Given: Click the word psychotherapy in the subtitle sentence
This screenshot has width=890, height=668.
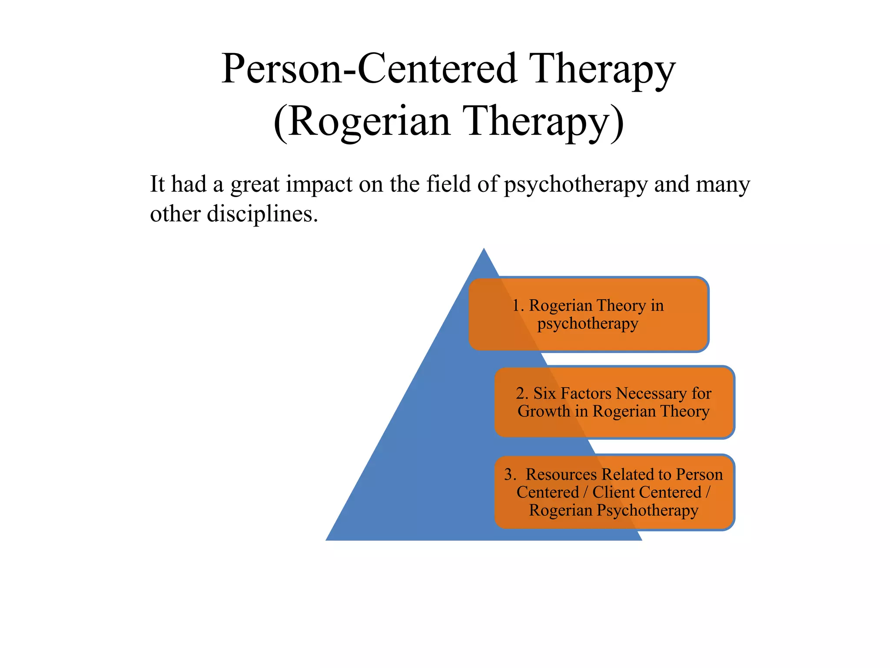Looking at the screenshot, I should coord(576,185).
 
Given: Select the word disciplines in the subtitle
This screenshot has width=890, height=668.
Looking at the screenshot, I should coord(262,214).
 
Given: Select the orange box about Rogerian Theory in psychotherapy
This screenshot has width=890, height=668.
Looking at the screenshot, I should coord(588,314).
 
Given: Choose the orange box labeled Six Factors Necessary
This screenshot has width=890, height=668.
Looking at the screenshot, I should coord(614,402).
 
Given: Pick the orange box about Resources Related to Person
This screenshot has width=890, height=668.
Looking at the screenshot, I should coord(614,492).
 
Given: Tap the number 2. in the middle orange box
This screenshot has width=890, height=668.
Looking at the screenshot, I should coord(522,394).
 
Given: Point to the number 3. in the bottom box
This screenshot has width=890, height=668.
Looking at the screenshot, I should coord(510,474).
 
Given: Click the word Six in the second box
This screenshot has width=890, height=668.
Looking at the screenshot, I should coord(545,394).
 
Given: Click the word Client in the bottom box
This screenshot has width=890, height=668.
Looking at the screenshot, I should coord(609,492).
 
